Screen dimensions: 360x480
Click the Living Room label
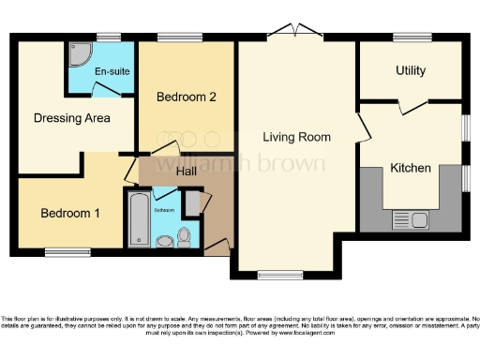296,137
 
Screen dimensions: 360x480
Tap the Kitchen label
411,169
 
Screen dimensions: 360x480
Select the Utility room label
410,71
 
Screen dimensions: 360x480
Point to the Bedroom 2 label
187,97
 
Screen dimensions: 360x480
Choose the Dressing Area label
71,118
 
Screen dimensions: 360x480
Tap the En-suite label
110,71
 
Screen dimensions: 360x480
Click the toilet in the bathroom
184,236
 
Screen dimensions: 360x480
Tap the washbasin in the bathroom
164,241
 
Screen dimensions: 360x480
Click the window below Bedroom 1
67,252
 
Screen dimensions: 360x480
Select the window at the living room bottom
260,275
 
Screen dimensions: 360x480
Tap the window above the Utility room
412,37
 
